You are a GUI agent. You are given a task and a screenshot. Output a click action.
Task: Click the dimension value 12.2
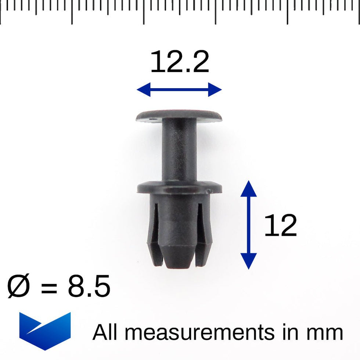(x=180, y=62)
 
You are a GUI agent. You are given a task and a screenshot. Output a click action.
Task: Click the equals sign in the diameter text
(x=49, y=287)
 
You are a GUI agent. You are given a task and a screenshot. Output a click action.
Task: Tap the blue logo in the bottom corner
(x=45, y=330)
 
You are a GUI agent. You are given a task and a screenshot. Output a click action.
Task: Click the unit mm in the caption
(x=325, y=333)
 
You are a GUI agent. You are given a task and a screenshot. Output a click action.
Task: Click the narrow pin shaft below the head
(x=179, y=151)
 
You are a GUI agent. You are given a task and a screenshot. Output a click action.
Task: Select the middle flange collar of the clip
(x=179, y=187)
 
